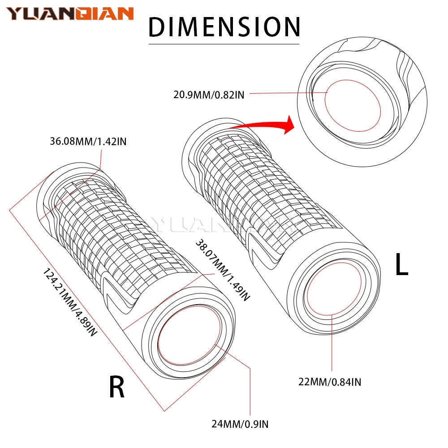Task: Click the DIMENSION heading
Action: pos(224,27)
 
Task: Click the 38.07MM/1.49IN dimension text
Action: pos(221,269)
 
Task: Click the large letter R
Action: pos(117,387)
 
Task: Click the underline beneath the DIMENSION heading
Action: pos(224,44)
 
